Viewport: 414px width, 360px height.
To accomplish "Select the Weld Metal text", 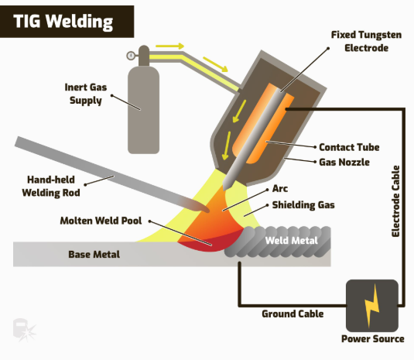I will (x=289, y=240).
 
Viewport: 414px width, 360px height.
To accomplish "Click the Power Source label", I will (x=372, y=339).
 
